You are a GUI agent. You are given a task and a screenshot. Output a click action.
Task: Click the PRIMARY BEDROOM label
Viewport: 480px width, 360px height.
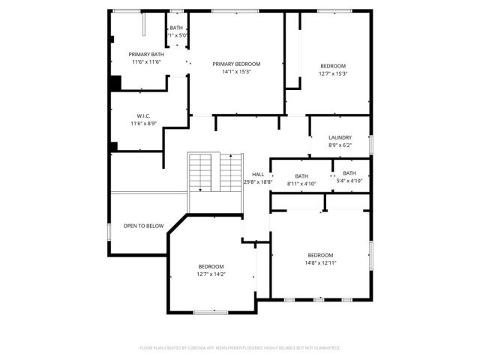[236, 64]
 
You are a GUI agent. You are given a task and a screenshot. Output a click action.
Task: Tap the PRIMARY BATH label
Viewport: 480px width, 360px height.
[146, 55]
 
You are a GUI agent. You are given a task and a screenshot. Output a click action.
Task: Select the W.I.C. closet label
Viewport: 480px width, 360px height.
[144, 115]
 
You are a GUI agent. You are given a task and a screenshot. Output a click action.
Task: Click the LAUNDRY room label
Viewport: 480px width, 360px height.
[340, 137]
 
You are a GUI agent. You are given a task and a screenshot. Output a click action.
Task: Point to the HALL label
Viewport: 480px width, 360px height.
[258, 174]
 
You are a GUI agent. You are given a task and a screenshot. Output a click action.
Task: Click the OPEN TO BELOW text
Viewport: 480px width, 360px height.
[144, 226]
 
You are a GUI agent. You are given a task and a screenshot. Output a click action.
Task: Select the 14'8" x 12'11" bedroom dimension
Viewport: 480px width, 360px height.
[320, 263]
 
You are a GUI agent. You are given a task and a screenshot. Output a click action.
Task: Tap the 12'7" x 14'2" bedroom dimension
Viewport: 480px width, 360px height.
[211, 274]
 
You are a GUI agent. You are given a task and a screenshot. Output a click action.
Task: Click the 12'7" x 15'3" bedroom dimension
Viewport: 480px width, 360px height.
[333, 73]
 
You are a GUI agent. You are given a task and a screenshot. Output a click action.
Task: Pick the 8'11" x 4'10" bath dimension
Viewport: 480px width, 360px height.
[301, 183]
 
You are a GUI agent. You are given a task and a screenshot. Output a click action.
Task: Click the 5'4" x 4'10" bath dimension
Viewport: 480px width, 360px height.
[349, 181]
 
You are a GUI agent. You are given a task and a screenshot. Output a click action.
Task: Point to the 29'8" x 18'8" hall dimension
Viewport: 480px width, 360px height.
[258, 182]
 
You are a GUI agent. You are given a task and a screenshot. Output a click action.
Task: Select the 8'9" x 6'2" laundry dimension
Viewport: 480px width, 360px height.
[340, 145]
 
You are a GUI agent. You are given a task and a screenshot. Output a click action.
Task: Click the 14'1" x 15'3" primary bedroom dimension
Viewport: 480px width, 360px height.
[236, 73]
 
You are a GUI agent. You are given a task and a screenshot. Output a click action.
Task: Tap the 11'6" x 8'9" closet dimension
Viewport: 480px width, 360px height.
[144, 124]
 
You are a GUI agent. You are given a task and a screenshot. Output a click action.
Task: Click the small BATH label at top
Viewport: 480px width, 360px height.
[176, 28]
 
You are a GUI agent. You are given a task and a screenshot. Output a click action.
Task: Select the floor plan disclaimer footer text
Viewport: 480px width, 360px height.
[240, 348]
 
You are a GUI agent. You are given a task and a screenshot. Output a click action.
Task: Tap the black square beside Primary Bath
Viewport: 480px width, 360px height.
[115, 83]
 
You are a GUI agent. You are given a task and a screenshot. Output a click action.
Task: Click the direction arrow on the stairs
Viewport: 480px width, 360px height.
[199, 190]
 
